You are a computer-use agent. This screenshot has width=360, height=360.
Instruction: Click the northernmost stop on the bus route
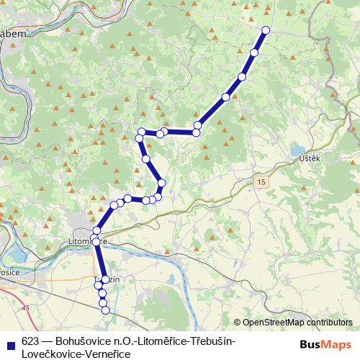[x=266, y=30]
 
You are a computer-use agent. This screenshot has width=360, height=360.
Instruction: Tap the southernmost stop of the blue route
[x=106, y=310]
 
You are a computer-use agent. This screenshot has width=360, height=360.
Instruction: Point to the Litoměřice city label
[x=85, y=240]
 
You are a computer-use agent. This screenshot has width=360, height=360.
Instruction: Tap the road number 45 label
[x=27, y=307]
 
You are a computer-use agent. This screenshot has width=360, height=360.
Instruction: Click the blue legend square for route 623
[x=11, y=341]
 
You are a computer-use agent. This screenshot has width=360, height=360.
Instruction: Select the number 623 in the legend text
[x=30, y=341]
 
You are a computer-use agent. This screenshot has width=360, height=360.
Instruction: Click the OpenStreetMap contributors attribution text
[x=297, y=323]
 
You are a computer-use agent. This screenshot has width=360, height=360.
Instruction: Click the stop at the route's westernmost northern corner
[x=141, y=132]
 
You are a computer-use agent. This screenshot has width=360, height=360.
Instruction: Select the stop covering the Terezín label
[x=105, y=279]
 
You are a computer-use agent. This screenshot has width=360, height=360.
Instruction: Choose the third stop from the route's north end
[x=242, y=76]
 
